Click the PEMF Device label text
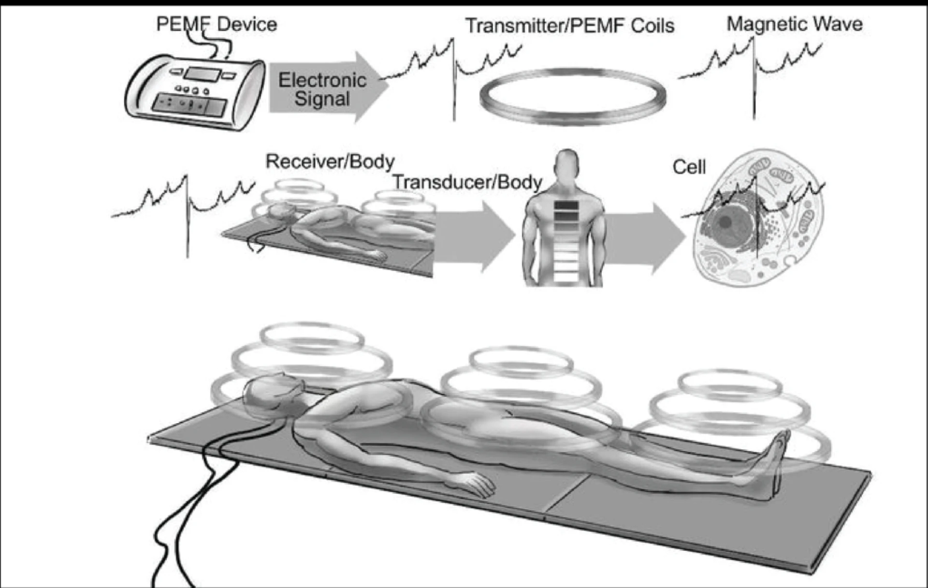click(x=217, y=24)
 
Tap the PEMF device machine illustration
click(x=193, y=92)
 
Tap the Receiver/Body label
click(x=330, y=162)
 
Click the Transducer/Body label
click(x=467, y=182)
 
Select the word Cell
click(x=689, y=167)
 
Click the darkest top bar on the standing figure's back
click(x=566, y=206)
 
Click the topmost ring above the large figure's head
click(x=312, y=336)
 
